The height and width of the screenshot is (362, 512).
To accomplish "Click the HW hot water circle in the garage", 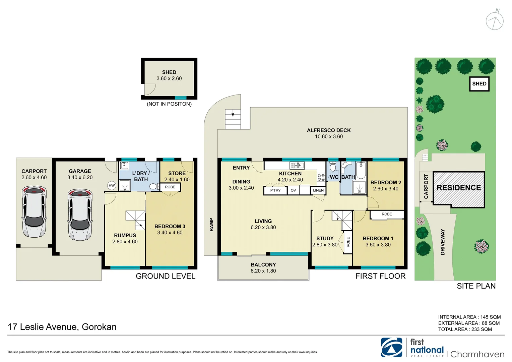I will point(112,185).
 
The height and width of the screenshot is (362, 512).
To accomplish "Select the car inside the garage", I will point(80,215).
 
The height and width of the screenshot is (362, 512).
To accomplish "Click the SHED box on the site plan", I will point(479,84).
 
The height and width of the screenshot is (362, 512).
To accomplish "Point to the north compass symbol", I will point(495,21).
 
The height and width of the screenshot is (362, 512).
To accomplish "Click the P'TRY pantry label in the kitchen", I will point(275,190).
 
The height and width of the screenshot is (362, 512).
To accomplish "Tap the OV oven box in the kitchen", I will point(293,190).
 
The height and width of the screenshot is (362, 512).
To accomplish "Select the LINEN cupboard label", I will point(318,190).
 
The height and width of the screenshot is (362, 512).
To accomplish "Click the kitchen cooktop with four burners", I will point(321,177).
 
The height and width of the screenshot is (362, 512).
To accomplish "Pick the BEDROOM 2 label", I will point(386,182).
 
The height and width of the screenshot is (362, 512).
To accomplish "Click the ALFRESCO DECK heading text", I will point(329,130).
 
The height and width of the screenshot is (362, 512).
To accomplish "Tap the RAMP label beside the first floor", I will point(211,225).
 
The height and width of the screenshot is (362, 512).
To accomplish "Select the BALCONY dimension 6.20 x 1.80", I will point(263,271).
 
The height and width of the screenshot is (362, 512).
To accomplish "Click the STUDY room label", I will point(325,238).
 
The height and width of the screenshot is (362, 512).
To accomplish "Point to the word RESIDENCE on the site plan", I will point(459,188).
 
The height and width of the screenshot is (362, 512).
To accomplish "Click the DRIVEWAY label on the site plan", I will point(443,242).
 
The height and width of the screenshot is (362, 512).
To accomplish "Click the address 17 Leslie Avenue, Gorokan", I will point(62,327).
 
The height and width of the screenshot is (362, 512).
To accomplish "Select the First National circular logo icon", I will point(391,347).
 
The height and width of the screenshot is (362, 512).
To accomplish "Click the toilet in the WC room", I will point(333,166).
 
